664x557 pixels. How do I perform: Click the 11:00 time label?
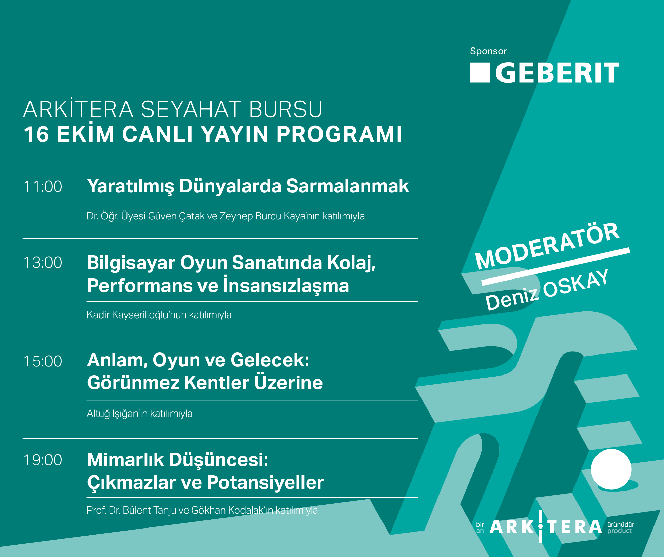click(x=43, y=187)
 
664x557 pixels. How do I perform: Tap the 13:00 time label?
click(x=43, y=263)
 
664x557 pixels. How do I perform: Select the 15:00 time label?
click(x=43, y=361)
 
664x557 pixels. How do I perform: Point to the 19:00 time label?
click(x=43, y=460)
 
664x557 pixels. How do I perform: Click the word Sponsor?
click(x=488, y=51)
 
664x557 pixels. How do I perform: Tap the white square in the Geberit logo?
click(x=480, y=73)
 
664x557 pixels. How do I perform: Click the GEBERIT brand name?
click(x=557, y=73)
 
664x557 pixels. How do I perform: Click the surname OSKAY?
click(x=576, y=284)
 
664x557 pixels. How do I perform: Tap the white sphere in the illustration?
click(x=611, y=469)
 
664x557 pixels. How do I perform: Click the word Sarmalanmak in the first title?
click(x=348, y=186)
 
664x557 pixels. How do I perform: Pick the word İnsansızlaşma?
click(x=286, y=285)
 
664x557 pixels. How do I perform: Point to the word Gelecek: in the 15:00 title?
click(x=270, y=360)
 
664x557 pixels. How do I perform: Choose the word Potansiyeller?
click(x=266, y=482)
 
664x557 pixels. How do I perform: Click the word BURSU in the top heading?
click(x=286, y=109)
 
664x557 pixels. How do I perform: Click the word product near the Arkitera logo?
click(x=620, y=531)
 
